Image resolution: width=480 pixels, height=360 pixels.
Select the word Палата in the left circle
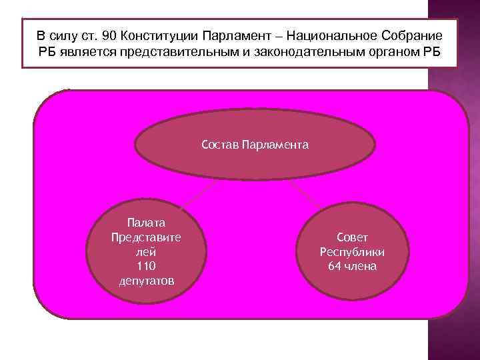point(145,223)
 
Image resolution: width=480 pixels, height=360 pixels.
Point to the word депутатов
point(145,281)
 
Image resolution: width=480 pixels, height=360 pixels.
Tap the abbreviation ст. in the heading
point(89,35)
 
